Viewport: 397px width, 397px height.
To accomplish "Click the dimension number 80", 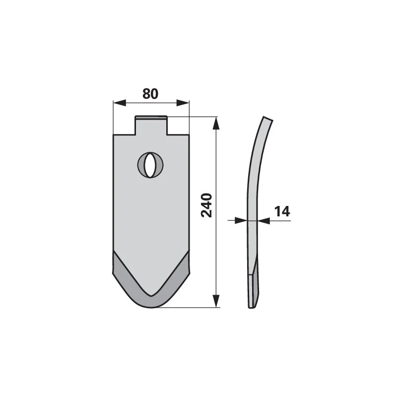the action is click(150, 94).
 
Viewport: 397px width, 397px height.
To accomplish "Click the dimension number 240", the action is click(206, 205).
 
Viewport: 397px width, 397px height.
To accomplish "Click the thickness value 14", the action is click(282, 211).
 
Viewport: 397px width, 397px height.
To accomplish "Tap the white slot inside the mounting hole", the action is click(150, 165).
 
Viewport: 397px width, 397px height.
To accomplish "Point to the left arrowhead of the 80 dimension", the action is click(120, 103).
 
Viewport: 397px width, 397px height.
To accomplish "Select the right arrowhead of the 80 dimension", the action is click(183, 103).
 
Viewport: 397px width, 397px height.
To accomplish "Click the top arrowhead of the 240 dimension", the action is click(216, 123).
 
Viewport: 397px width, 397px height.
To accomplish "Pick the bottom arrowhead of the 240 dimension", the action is click(216, 301).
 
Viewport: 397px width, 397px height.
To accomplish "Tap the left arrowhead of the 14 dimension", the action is click(241, 220).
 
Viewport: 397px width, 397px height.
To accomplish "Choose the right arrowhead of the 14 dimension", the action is click(264, 220).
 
